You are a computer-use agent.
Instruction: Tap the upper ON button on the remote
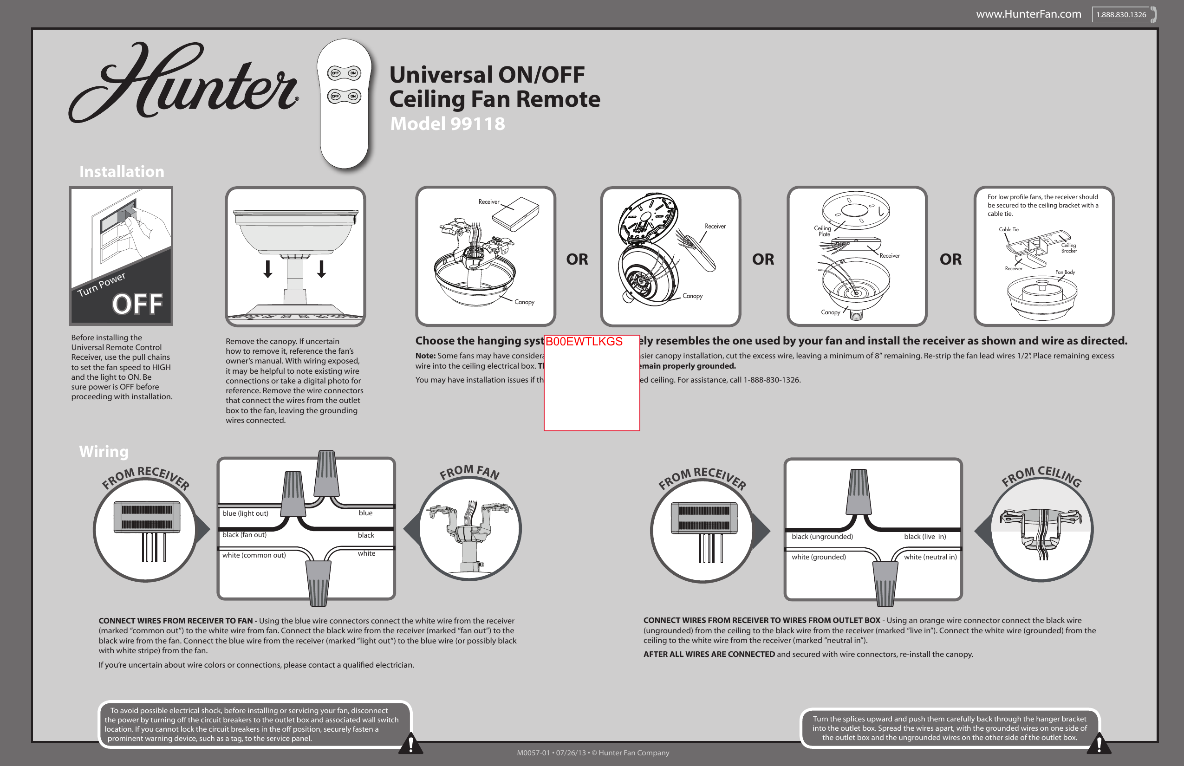[x=353, y=73]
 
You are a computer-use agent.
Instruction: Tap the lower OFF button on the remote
[x=335, y=96]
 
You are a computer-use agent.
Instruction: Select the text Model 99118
[x=447, y=123]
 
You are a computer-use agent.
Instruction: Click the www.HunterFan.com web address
[x=1028, y=14]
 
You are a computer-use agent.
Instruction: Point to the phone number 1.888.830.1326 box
[x=1121, y=14]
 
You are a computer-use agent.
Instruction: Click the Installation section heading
[x=122, y=172]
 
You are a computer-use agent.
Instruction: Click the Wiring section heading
[x=104, y=451]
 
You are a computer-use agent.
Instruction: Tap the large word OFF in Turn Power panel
[x=137, y=305]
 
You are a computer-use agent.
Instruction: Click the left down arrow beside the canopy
[x=267, y=269]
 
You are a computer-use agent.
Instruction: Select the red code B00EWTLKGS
[x=584, y=341]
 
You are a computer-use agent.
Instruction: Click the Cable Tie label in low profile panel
[x=1008, y=229]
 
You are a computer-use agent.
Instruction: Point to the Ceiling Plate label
[x=823, y=231]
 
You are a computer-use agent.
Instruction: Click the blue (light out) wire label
[x=245, y=513]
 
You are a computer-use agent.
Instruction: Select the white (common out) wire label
[x=254, y=555]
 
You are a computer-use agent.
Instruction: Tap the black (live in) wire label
[x=925, y=537]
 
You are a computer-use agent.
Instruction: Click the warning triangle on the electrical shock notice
[x=411, y=744]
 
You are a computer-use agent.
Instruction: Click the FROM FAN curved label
[x=469, y=472]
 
